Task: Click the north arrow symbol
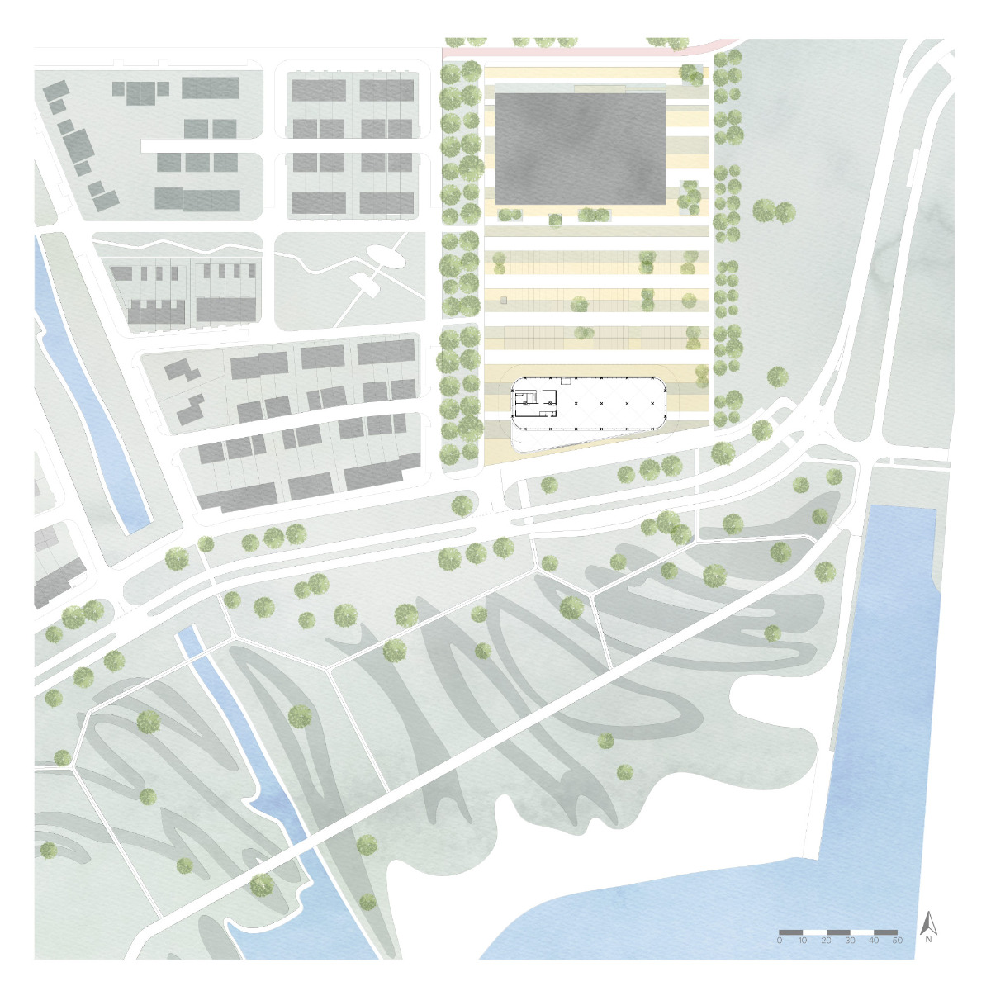[928, 922]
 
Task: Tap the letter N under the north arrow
[929, 939]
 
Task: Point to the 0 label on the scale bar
[780, 941]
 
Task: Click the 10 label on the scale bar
[803, 941]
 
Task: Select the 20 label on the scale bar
[827, 941]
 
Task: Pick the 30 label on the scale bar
[851, 941]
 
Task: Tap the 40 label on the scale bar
[874, 941]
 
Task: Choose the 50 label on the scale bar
[898, 941]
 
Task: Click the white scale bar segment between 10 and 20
[815, 932]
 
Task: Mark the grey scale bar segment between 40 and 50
[886, 932]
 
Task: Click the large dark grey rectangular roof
[580, 148]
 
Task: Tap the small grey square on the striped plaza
[502, 301]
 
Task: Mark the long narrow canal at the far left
[91, 388]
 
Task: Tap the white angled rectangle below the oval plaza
[367, 285]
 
